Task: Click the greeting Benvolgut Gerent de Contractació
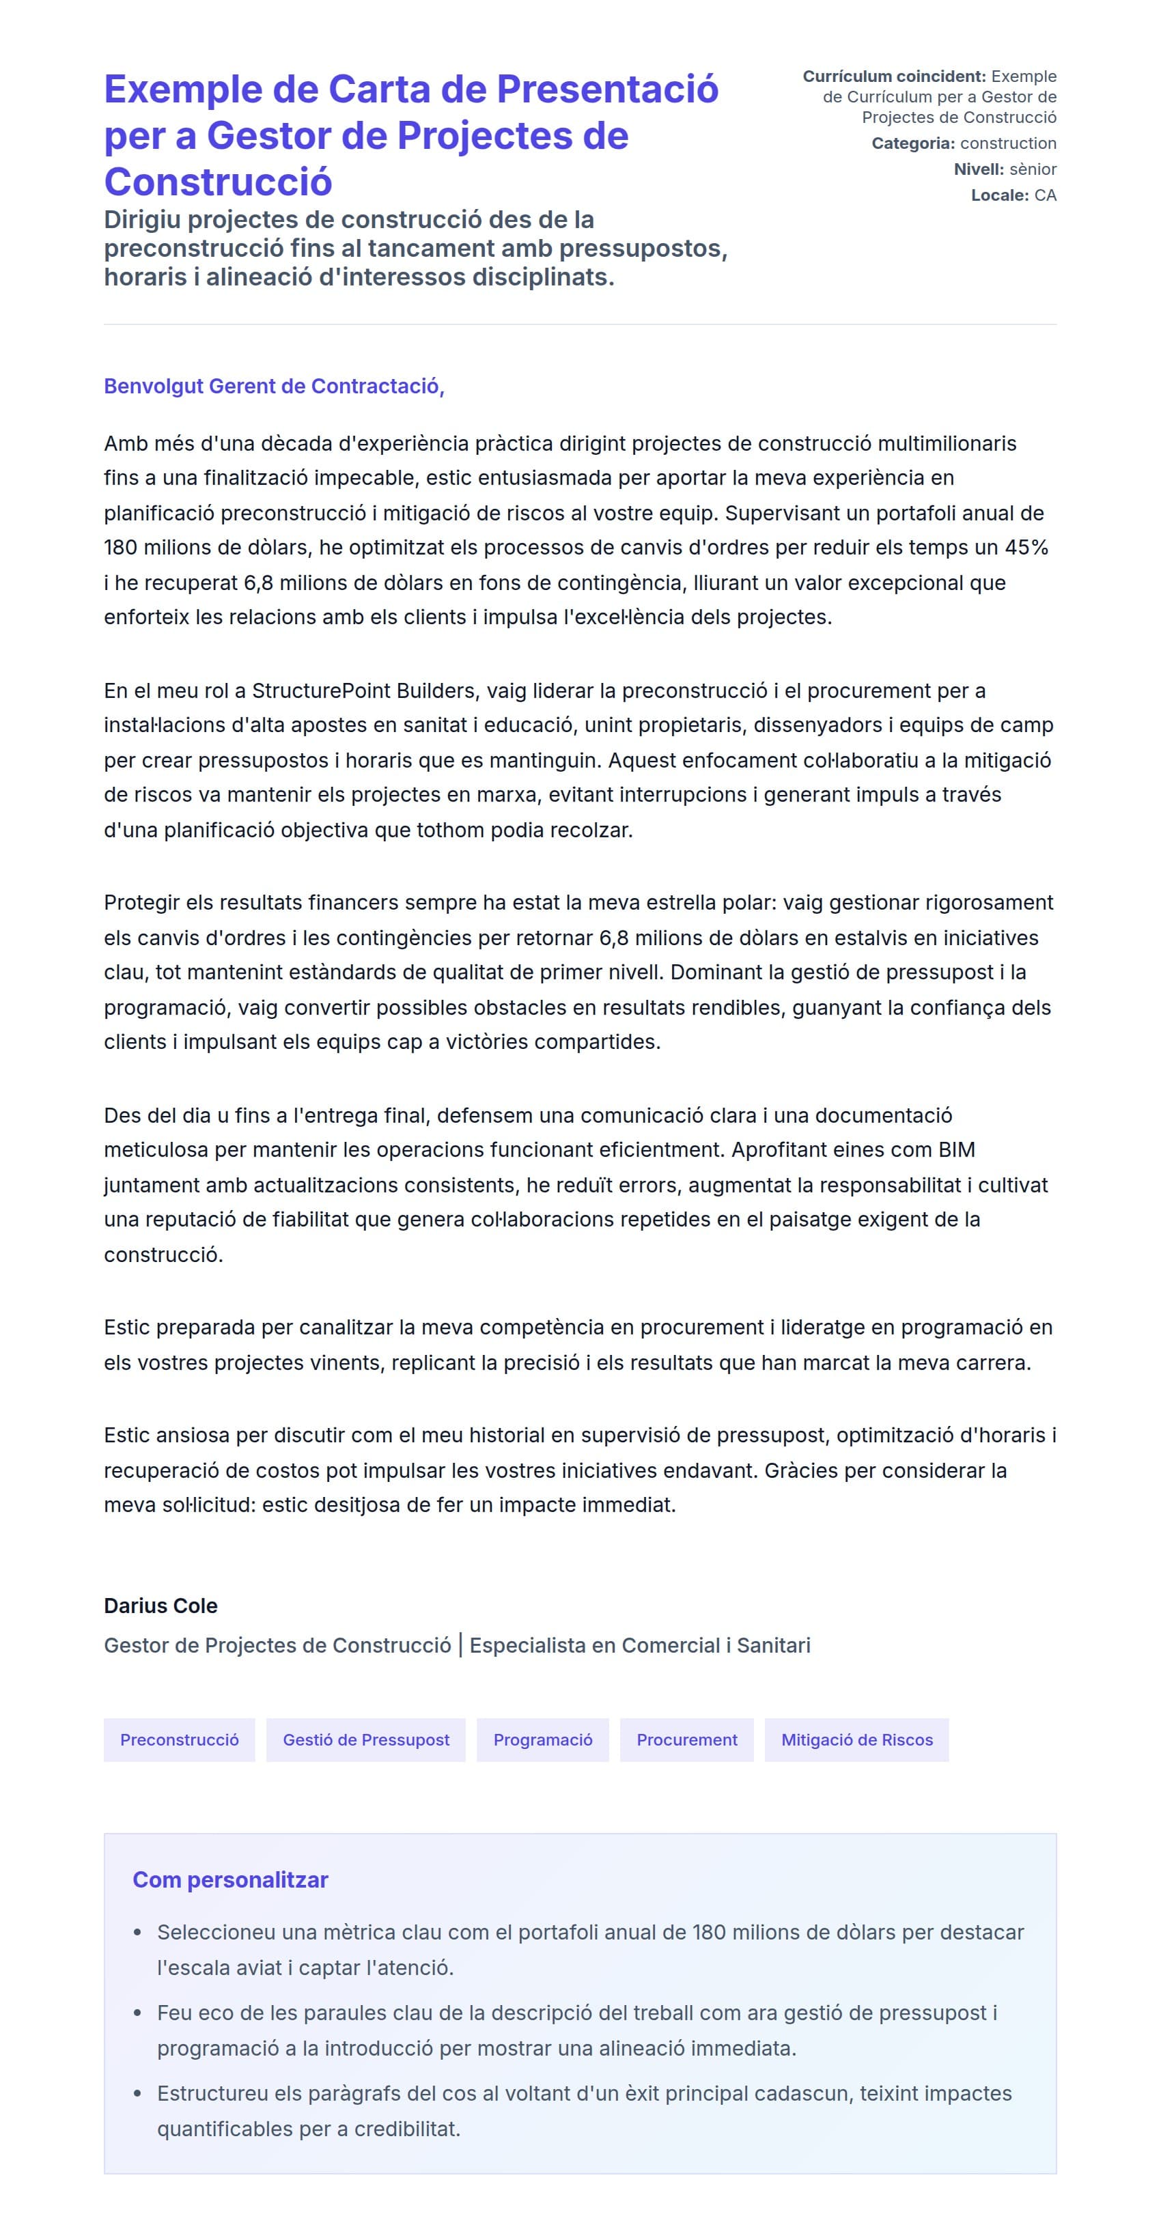274,386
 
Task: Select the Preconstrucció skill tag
179,1739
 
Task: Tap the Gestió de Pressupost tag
366,1739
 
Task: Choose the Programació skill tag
543,1739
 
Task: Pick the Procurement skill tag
686,1739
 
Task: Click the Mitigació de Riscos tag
856,1739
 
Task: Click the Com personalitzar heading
230,1879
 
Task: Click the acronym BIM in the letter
957,1149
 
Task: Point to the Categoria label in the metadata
913,143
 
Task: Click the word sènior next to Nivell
1033,169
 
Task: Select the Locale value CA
1046,195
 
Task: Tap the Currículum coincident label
894,76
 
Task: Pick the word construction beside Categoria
1008,143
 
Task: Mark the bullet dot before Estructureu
137,2093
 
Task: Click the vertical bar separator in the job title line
461,1645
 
